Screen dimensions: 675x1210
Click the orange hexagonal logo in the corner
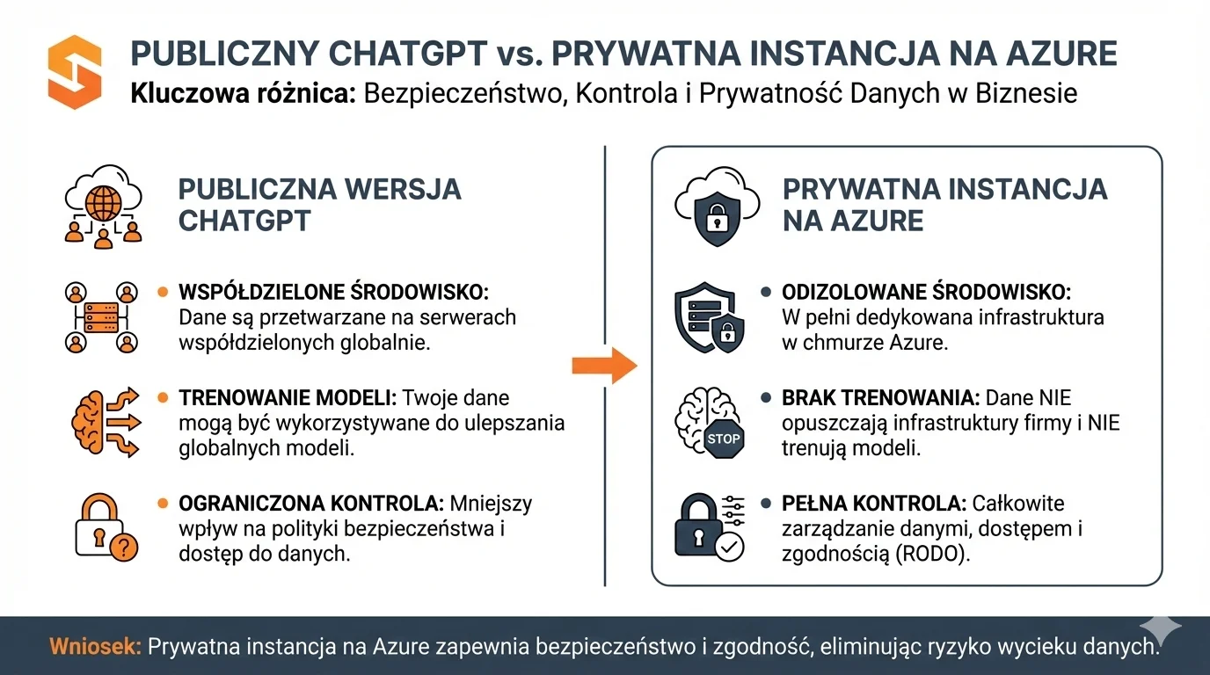click(x=75, y=72)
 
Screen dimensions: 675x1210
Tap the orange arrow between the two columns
click(x=604, y=364)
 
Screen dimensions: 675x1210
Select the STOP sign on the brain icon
click(x=723, y=438)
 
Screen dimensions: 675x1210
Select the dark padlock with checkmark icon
click(x=709, y=527)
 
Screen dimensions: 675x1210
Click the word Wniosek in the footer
click(x=95, y=647)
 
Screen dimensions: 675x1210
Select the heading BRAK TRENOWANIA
click(x=880, y=398)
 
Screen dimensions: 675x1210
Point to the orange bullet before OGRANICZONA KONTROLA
click(x=162, y=504)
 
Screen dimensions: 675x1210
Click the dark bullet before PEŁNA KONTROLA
click(x=766, y=504)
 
